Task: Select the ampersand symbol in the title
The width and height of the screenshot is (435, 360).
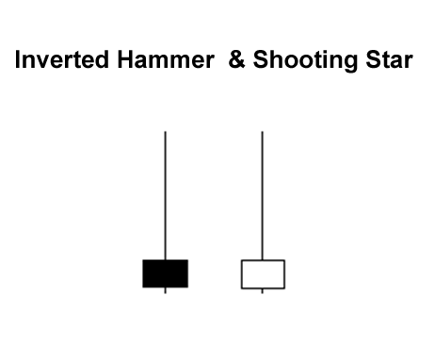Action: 236,62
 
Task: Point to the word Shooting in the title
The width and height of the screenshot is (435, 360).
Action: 307,63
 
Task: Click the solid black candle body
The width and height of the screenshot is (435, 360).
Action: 165,273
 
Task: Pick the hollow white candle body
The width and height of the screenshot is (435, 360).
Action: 263,274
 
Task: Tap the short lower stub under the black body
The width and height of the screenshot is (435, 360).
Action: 166,290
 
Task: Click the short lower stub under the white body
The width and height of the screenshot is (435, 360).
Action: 262,291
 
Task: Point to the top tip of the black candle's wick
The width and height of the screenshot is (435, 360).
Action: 166,132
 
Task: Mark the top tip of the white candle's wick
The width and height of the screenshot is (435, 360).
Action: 262,132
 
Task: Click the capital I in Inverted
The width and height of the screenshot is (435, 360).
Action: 18,62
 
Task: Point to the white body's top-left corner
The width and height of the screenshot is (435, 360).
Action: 242,260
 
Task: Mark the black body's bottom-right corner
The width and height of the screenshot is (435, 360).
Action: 187,286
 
